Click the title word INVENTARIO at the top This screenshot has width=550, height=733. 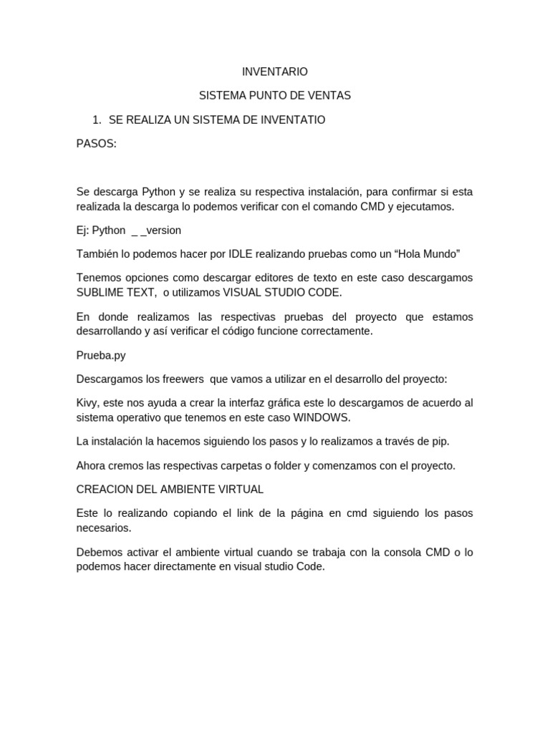coord(275,72)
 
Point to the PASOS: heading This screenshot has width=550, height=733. coord(96,143)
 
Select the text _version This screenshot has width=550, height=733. coord(160,230)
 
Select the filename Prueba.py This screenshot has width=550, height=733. coord(101,355)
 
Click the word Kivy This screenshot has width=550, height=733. coord(88,403)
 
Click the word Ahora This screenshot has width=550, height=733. coord(91,465)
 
